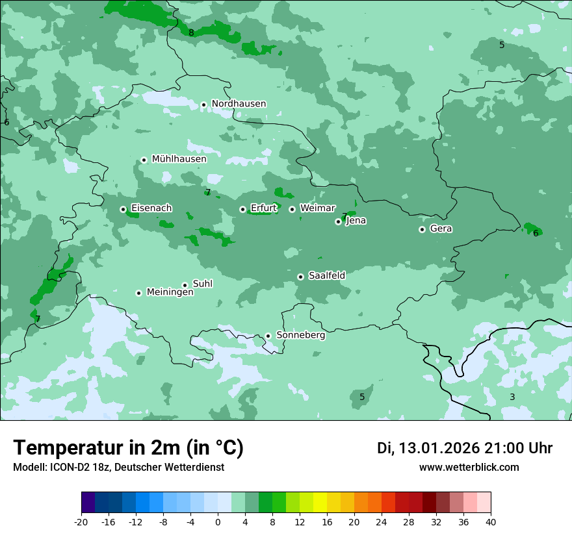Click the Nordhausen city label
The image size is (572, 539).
pyautogui.click(x=239, y=104)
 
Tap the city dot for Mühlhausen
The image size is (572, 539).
pyautogui.click(x=144, y=160)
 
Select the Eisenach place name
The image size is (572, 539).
pyautogui.click(x=151, y=208)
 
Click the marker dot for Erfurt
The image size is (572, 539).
pyautogui.click(x=242, y=209)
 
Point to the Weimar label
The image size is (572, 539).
pyautogui.click(x=317, y=208)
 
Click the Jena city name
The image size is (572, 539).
pyautogui.click(x=356, y=221)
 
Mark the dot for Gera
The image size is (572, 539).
pyautogui.click(x=422, y=229)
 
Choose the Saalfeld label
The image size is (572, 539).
pyautogui.click(x=326, y=276)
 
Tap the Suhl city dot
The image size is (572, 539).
pyautogui.click(x=185, y=285)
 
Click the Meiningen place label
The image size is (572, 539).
pyautogui.click(x=170, y=293)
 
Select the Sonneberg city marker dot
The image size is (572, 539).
pyautogui.click(x=268, y=336)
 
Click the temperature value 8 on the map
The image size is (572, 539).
pyautogui.click(x=191, y=33)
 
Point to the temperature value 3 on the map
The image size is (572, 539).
pyautogui.click(x=512, y=397)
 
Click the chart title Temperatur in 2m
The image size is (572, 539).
pyautogui.click(x=128, y=448)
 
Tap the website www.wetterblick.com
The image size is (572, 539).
pyautogui.click(x=469, y=468)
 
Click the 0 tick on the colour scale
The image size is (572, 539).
pyautogui.click(x=218, y=521)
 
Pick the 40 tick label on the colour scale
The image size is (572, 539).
pyautogui.click(x=490, y=521)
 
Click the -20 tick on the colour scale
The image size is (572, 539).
pyautogui.click(x=81, y=521)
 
